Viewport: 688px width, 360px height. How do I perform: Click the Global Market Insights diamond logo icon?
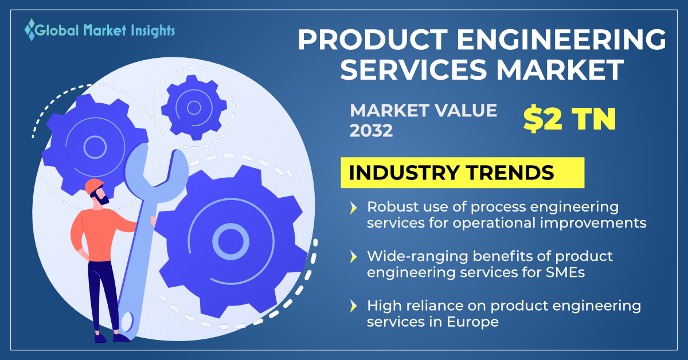30,30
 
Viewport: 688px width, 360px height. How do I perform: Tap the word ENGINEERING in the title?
561,40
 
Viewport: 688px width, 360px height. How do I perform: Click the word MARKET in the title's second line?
560,70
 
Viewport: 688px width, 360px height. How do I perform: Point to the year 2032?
371,131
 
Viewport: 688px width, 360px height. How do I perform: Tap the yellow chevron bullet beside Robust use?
354,208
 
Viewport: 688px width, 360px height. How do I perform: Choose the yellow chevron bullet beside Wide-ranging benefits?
354,257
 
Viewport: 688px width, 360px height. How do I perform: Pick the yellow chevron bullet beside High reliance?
354,306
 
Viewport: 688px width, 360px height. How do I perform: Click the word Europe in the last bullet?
472,323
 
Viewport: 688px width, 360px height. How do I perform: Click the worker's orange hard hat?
94,185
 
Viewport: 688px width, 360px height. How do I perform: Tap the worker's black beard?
103,199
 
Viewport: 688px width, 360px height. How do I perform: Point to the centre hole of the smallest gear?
194,108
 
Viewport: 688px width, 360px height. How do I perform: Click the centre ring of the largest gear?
230,242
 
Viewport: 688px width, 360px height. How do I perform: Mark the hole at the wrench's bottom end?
127,322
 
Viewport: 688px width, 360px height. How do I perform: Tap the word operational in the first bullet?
494,224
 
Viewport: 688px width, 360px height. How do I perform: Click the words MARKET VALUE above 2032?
423,111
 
